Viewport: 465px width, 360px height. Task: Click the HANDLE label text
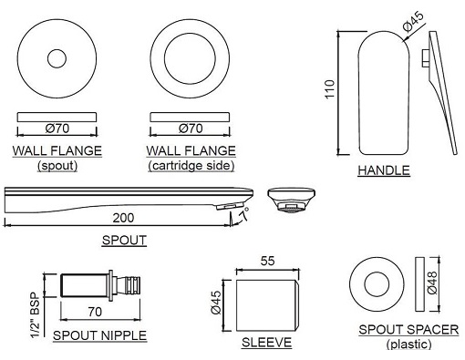[383, 170]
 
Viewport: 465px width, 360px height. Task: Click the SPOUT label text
[125, 241]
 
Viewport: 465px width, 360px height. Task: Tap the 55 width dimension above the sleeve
[268, 261]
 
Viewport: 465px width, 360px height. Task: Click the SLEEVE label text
[266, 342]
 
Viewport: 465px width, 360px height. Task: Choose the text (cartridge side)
[191, 166]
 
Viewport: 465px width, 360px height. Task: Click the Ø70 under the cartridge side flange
[191, 129]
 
